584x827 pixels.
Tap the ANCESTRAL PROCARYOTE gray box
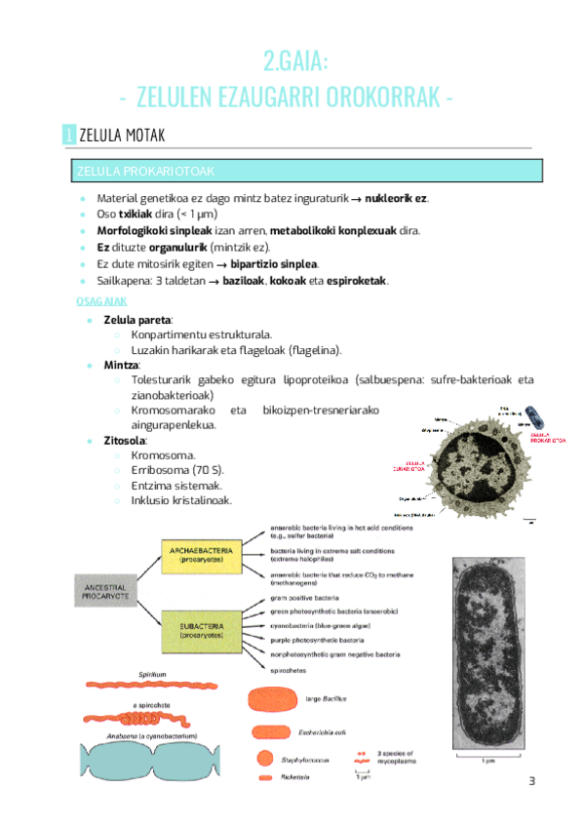pos(106,592)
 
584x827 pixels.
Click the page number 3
pos(532,781)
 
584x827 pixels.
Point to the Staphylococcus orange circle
pos(264,757)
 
